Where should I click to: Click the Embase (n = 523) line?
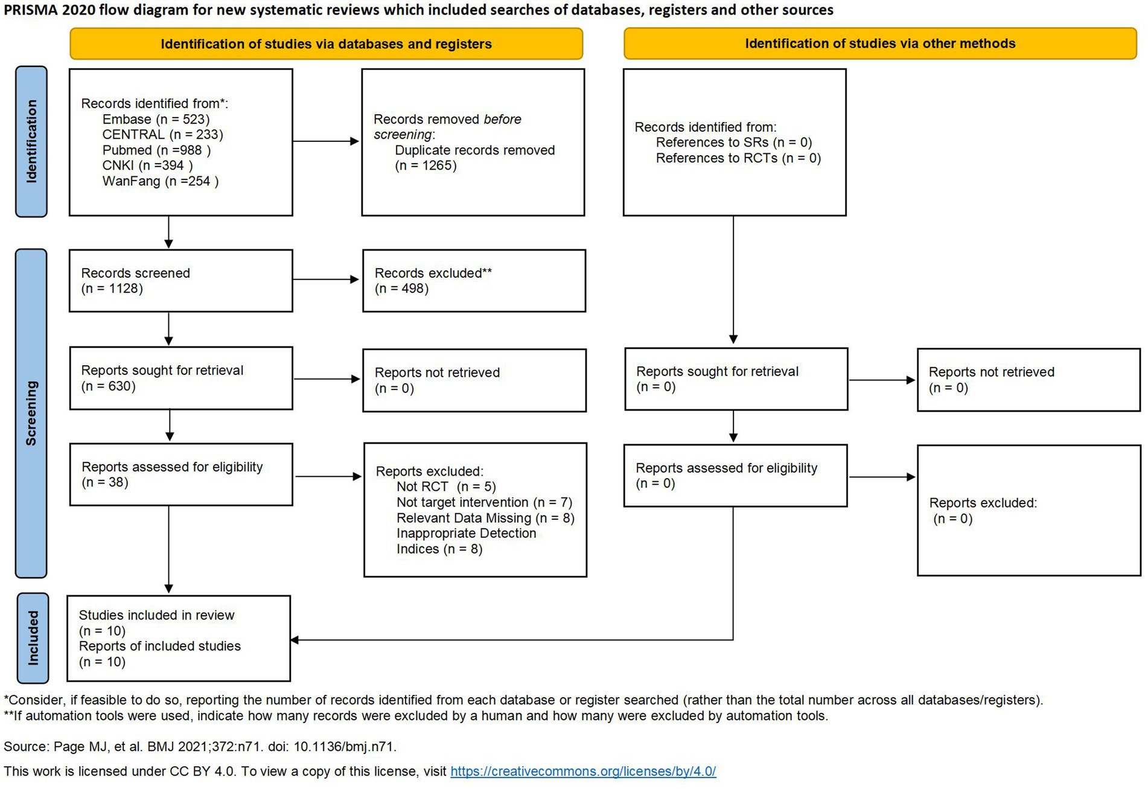click(156, 119)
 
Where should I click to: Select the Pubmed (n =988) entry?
click(156, 150)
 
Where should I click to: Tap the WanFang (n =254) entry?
click(160, 181)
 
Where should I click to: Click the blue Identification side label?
click(31, 141)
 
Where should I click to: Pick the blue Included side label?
click(33, 638)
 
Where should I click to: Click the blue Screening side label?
click(31, 413)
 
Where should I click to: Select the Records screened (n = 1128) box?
click(180, 281)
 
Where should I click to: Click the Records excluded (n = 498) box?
click(474, 281)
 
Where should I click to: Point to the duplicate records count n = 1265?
click(426, 165)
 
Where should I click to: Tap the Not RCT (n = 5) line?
click(445, 487)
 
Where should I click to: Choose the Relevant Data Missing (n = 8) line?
click(485, 518)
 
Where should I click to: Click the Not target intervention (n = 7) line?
click(483, 502)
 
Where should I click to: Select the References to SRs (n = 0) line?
click(733, 142)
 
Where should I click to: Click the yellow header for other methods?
click(879, 43)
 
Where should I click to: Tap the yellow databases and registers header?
click(326, 43)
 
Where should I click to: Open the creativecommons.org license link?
click(582, 771)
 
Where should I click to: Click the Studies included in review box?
click(179, 638)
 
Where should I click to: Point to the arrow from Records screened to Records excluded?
click(326, 280)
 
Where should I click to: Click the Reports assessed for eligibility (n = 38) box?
click(180, 474)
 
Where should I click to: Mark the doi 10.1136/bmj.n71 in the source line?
click(343, 747)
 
